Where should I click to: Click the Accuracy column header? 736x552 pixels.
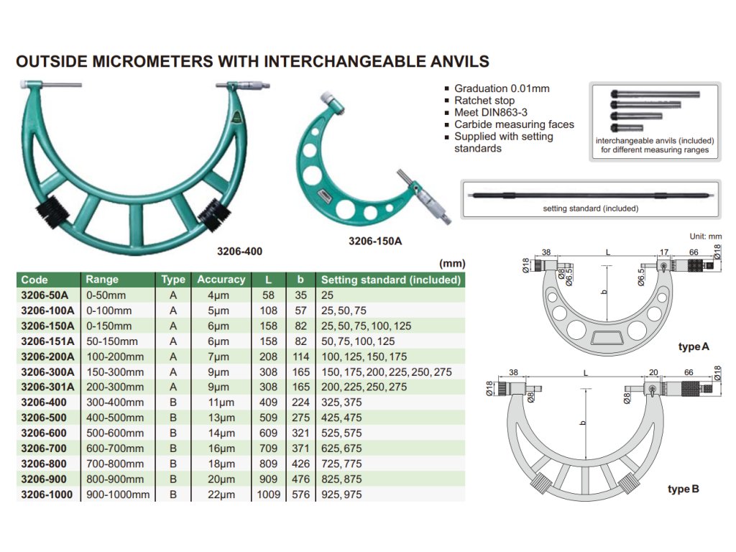coord(221,280)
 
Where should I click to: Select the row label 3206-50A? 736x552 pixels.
coord(45,295)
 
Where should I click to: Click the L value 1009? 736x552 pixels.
coord(268,494)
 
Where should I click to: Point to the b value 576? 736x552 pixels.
coord(300,494)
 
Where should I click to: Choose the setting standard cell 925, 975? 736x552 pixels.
coord(341,494)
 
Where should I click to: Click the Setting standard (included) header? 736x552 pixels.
coord(390,280)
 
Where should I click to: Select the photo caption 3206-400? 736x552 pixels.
coord(239,252)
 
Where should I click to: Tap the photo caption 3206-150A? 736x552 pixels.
coord(375,241)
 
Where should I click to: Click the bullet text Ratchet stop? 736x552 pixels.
coord(484,101)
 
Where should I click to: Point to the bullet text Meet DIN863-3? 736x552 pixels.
coord(491,113)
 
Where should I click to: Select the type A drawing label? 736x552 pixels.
coord(694,347)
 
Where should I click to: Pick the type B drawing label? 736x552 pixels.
coord(683,489)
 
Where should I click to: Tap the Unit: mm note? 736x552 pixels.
coord(705,236)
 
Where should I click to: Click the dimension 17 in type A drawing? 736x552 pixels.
coord(664,252)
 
